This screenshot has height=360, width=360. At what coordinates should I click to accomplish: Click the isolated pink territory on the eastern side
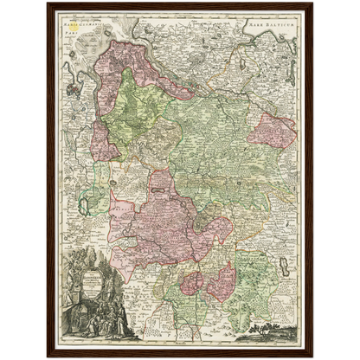pyautogui.click(x=271, y=131)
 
